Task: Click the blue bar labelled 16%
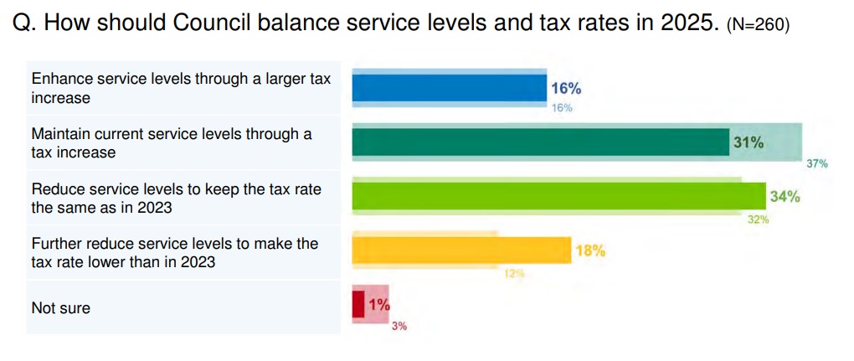(x=448, y=88)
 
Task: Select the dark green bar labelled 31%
(x=540, y=142)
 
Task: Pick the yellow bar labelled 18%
(x=461, y=250)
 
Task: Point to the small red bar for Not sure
(x=358, y=304)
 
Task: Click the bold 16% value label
(x=566, y=88)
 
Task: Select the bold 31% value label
(x=748, y=142)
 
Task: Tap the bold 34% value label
(x=785, y=197)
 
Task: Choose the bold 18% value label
(x=589, y=250)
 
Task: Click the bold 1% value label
(x=378, y=305)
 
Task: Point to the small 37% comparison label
(x=816, y=164)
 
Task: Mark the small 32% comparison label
(x=758, y=219)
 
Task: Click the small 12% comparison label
(x=513, y=273)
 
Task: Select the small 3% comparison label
(x=399, y=326)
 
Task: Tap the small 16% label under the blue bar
(x=561, y=108)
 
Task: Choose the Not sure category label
(x=60, y=307)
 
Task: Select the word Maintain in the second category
(x=60, y=133)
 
